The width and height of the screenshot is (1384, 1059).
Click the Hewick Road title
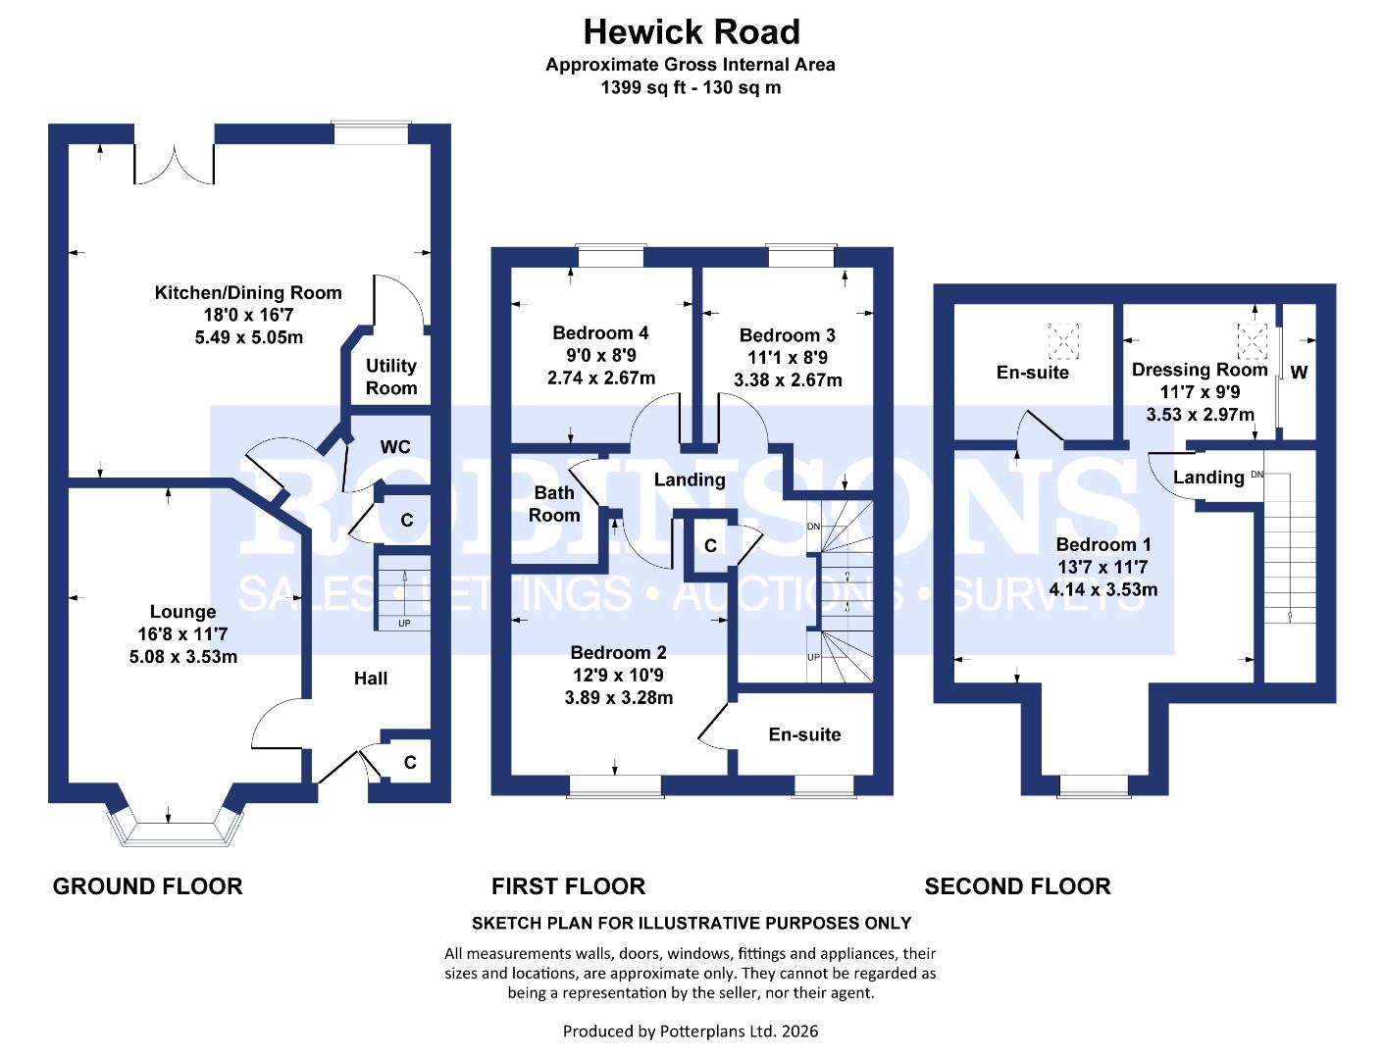click(691, 32)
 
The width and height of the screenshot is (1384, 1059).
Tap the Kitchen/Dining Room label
click(248, 292)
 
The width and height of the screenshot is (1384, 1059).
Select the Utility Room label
click(391, 377)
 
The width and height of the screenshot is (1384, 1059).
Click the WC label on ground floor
click(395, 447)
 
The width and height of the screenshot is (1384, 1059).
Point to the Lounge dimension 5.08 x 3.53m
click(183, 656)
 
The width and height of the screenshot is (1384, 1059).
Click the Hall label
click(371, 678)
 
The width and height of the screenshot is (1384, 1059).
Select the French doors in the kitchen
click(174, 163)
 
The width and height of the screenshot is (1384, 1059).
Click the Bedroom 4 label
click(600, 332)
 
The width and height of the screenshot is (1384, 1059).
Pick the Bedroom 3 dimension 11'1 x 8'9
click(788, 358)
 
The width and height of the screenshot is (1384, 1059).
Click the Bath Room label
click(554, 504)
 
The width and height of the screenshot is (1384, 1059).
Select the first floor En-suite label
click(804, 734)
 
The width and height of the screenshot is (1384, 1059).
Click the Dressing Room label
click(1200, 370)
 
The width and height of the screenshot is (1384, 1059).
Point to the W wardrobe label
click(1299, 373)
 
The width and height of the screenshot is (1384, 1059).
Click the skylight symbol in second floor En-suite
click(1061, 340)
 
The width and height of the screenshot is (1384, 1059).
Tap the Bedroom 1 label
click(1103, 544)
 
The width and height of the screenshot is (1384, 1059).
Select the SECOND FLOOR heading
click(1017, 886)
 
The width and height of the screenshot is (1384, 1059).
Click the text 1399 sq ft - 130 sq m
click(691, 87)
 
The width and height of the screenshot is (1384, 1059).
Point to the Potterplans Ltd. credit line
click(691, 1031)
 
